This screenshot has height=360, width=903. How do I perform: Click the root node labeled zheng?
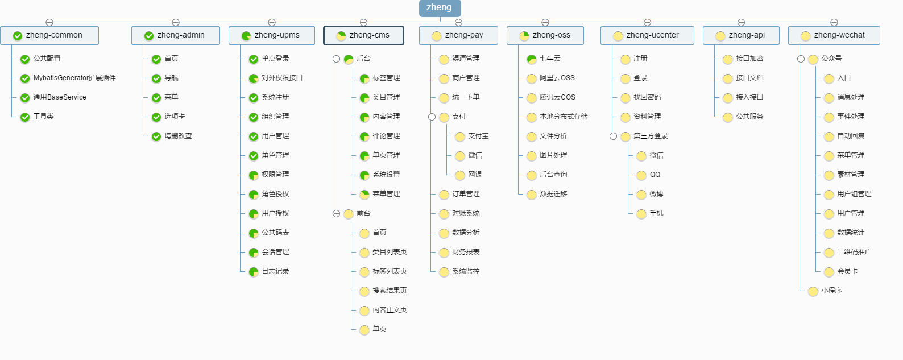point(440,7)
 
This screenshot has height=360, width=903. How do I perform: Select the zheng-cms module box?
point(363,35)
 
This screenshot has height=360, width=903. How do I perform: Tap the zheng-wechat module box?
point(834,35)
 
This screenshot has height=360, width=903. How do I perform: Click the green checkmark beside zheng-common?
point(17,36)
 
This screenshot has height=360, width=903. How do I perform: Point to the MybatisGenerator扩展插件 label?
point(74,78)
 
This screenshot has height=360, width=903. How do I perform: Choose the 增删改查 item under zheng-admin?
point(178,136)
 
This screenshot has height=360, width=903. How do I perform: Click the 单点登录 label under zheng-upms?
point(275,59)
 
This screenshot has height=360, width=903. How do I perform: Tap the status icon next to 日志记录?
point(254,272)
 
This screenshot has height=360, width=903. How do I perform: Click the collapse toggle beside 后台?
point(336,59)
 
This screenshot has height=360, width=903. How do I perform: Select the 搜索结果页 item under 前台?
point(390,290)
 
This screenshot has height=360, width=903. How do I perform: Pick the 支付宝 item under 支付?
point(478,136)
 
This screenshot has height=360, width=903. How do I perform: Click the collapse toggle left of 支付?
point(432,117)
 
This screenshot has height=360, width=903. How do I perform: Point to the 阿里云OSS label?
point(557,78)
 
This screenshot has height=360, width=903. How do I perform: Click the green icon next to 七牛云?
point(532,59)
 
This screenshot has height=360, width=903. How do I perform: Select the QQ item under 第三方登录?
point(655,175)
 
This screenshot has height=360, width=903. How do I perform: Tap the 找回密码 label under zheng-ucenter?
point(647,97)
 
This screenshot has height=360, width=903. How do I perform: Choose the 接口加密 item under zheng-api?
point(749,59)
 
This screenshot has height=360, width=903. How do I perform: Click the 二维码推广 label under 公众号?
point(854,252)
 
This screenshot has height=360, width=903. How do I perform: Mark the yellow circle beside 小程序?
point(813,291)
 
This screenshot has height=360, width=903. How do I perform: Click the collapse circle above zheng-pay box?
point(458,22)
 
